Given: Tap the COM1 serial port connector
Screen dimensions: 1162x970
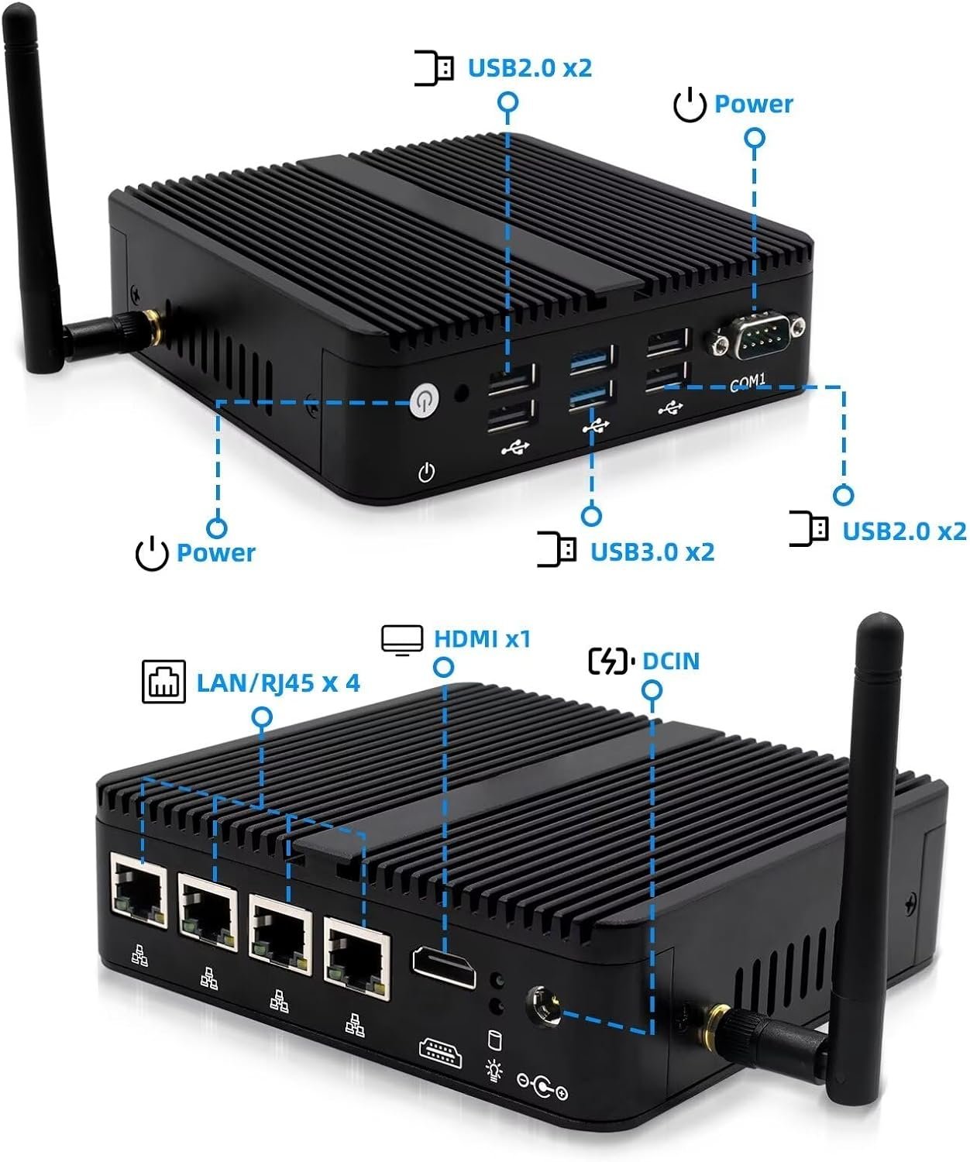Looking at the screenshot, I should (x=755, y=336).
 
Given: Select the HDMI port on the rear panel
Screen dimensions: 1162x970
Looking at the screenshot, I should (x=444, y=966).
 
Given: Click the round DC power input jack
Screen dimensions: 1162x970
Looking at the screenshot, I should (x=544, y=1005).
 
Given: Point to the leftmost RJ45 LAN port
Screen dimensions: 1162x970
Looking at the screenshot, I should (x=139, y=887).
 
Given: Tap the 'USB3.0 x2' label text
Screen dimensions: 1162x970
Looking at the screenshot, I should (x=652, y=552).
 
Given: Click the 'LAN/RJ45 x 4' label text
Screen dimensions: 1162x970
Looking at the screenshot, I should (x=278, y=682).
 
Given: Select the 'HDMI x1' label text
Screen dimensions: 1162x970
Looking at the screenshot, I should (x=482, y=639).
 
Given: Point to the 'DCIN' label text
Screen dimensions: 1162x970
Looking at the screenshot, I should (x=671, y=661).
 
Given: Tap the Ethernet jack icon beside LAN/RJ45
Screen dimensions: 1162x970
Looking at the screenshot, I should (x=163, y=682).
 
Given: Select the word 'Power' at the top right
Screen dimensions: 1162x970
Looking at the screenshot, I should (x=753, y=104).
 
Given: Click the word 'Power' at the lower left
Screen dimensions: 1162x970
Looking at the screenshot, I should (x=215, y=552).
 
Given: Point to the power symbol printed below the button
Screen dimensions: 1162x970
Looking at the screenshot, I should (x=426, y=472).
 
